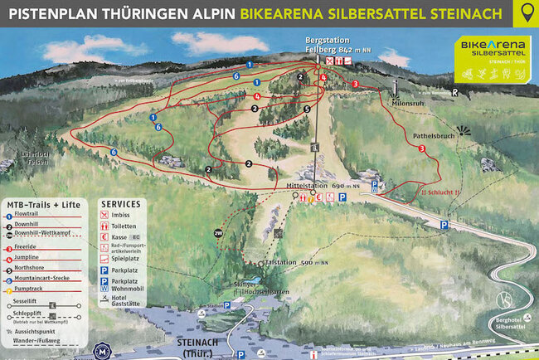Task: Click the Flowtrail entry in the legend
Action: [x=30, y=214]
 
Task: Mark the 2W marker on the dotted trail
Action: [x=218, y=234]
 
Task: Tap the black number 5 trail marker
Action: [x=307, y=109]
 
